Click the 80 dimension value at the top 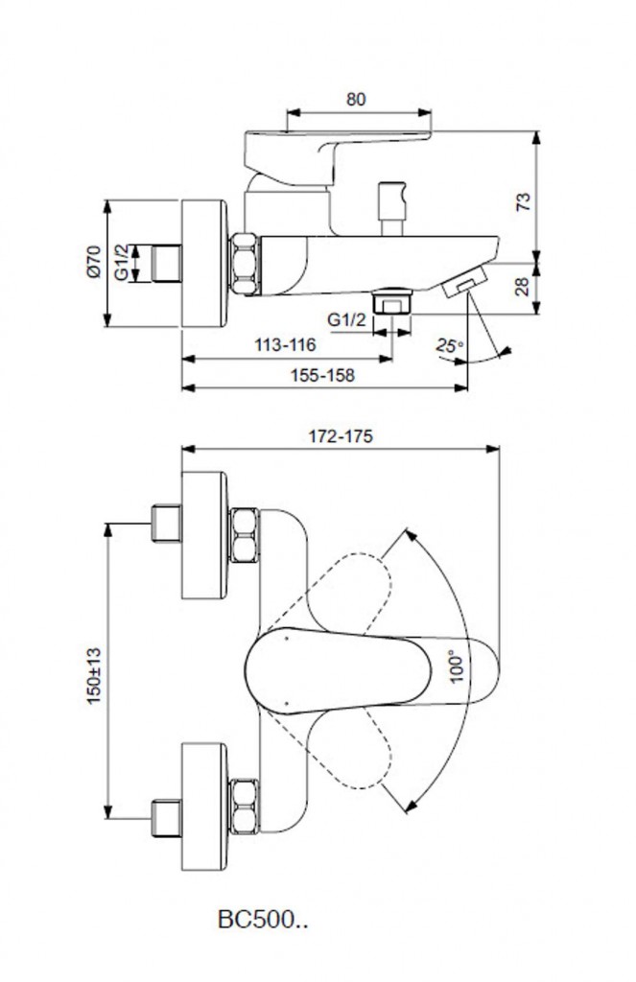click(356, 99)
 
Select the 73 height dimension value click(523, 200)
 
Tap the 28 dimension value click(523, 285)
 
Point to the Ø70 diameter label click(93, 261)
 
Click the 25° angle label click(449, 346)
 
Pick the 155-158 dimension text click(323, 375)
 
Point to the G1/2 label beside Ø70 click(121, 261)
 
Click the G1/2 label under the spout click(345, 319)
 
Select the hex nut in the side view click(244, 262)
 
